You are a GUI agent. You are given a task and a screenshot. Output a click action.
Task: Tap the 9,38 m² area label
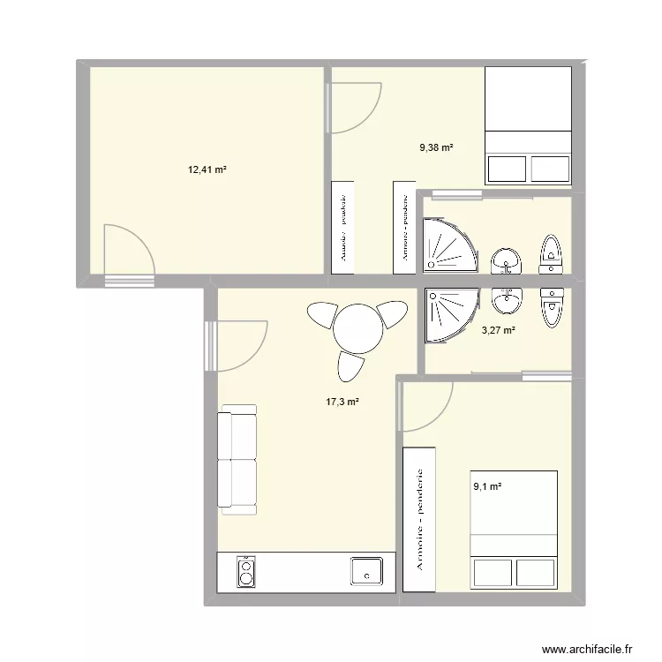[x=436, y=148]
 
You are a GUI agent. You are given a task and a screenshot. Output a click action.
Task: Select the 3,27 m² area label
[x=498, y=331]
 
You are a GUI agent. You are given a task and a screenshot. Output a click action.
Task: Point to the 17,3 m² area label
[x=343, y=402]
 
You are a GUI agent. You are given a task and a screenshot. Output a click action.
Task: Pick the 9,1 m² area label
[x=486, y=485]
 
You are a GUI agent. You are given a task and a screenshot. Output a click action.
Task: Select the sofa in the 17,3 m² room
[x=237, y=460]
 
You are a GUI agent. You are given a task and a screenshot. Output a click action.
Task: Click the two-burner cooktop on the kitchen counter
[x=245, y=572]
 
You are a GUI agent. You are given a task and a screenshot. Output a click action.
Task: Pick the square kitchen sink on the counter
[x=365, y=571]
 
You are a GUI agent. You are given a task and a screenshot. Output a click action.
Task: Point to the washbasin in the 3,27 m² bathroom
[x=507, y=301]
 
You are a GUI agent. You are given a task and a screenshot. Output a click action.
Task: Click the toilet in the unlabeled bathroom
[x=552, y=252]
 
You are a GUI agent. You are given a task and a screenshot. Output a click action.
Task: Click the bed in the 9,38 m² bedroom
[x=529, y=126]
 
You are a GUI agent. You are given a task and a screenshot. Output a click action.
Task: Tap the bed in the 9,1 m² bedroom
[x=514, y=530]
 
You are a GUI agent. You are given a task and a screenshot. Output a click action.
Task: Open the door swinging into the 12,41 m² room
[x=127, y=252]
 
